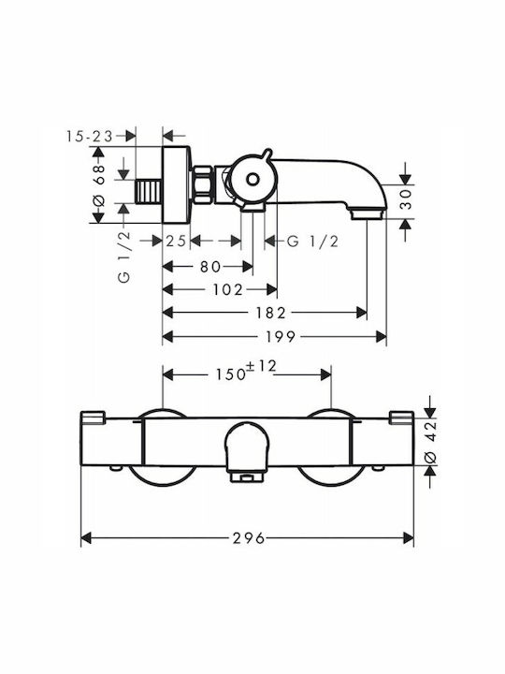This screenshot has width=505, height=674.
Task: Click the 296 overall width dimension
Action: tap(249, 537)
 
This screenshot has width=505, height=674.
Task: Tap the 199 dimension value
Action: tap(281, 337)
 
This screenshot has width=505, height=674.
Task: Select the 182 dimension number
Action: tap(270, 313)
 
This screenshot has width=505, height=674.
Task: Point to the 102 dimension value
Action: tap(227, 289)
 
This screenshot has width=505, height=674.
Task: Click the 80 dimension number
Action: tap(210, 267)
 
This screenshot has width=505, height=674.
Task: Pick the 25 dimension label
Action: tap(176, 242)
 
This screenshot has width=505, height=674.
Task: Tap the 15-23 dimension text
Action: tap(90, 137)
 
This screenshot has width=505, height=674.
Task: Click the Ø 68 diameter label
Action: tap(99, 184)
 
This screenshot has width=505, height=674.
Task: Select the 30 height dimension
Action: tap(405, 199)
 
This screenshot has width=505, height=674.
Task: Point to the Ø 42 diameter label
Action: tap(430, 442)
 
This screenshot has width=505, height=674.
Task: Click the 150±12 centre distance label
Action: tap(246, 371)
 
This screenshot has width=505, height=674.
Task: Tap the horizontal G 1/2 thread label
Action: tap(312, 242)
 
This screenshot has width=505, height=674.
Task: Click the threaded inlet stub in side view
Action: tap(149, 192)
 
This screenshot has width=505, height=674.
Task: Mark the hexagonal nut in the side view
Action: tap(203, 184)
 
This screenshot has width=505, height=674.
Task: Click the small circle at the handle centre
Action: tap(252, 179)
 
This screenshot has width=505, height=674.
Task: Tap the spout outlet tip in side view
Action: tap(368, 213)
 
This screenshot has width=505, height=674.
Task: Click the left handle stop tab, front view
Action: tap(93, 418)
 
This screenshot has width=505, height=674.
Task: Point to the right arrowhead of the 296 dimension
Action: tap(409, 537)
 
